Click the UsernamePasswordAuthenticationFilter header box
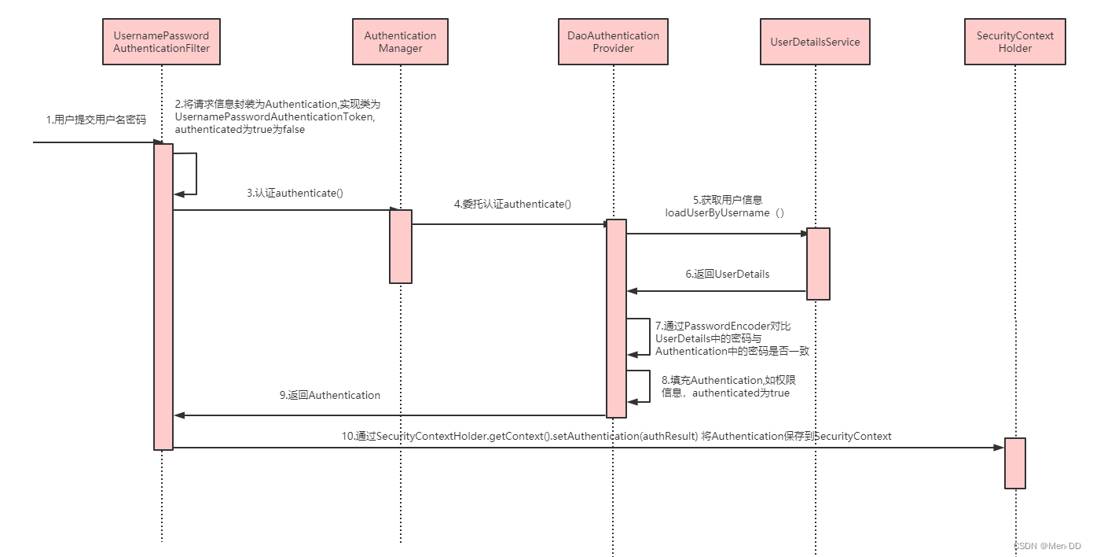(162, 42)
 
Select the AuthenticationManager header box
(400, 42)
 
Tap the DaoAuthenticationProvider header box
(613, 42)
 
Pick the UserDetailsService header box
(816, 42)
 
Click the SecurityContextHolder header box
(1015, 42)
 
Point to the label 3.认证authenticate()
(295, 194)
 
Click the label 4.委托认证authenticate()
(512, 204)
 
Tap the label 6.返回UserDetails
(727, 275)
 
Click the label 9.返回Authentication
(330, 396)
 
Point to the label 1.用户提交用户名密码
(96, 120)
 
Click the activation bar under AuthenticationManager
(401, 246)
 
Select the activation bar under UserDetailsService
(818, 264)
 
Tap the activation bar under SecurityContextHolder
(1015, 463)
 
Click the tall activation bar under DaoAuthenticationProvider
(616, 318)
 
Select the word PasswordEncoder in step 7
(730, 326)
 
